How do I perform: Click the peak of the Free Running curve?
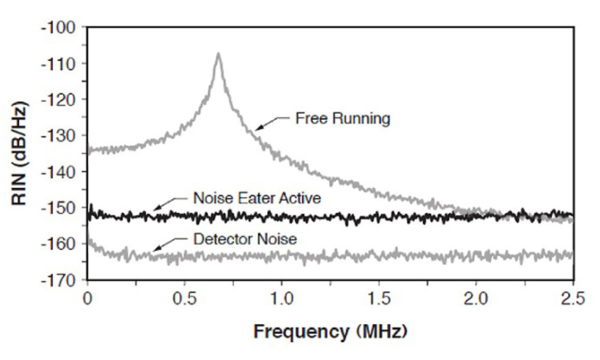219,54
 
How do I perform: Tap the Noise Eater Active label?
257,198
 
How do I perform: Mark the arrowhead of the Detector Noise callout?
154,252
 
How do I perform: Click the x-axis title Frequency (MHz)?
329,330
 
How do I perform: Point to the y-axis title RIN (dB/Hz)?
21,153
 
